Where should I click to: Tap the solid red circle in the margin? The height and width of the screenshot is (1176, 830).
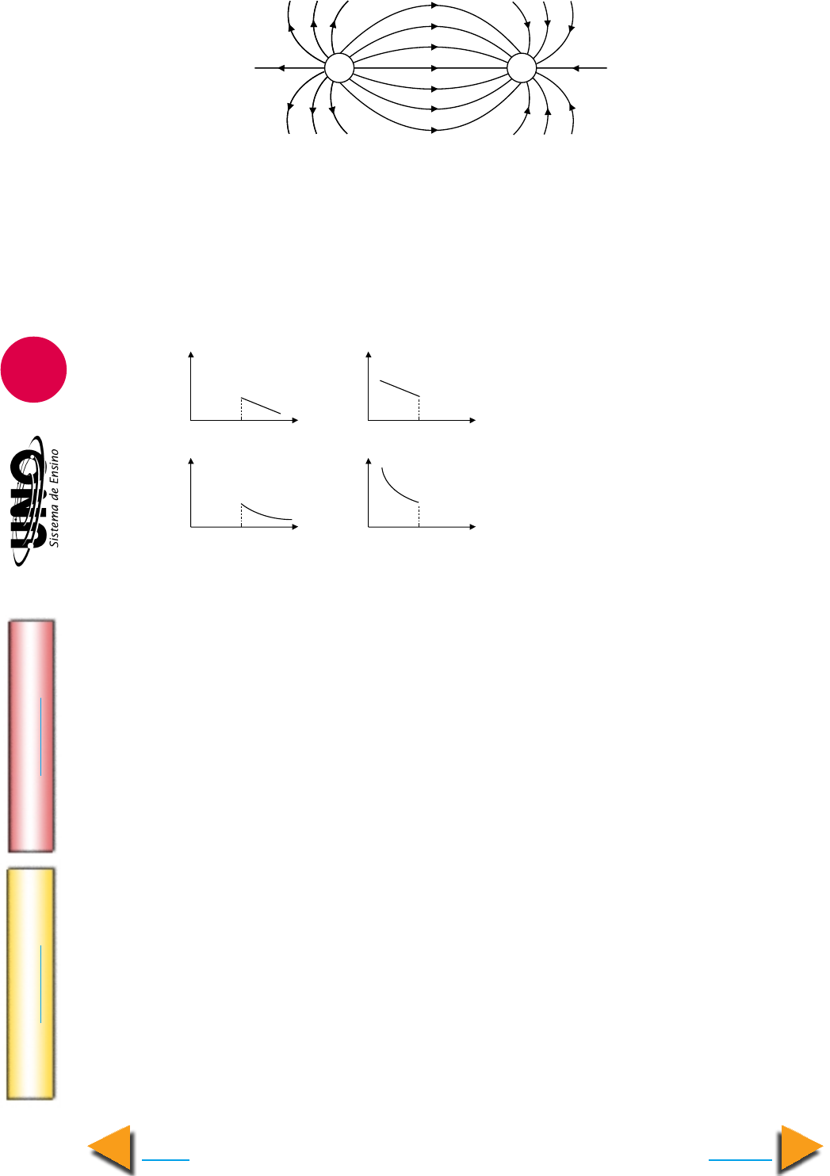[x=33, y=369]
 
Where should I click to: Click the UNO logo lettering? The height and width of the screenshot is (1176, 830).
[x=27, y=502]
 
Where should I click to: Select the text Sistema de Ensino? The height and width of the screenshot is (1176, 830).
[x=54, y=498]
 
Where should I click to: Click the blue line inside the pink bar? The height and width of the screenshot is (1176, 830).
[x=40, y=736]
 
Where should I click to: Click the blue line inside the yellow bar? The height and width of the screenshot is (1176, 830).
[x=40, y=984]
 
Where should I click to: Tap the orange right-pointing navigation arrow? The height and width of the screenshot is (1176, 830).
[x=800, y=1147]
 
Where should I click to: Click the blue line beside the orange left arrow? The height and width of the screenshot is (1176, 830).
[x=166, y=1159]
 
